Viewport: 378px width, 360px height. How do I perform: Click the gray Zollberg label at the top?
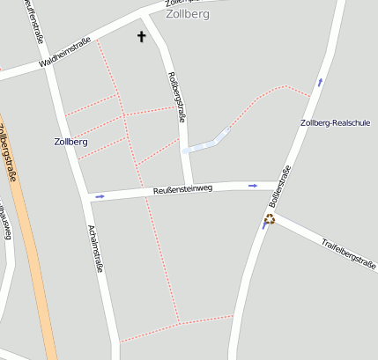pyautogui.click(x=187, y=14)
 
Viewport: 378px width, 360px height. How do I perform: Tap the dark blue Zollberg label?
pyautogui.click(x=70, y=142)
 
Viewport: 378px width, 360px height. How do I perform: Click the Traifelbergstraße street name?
pyautogui.click(x=347, y=253)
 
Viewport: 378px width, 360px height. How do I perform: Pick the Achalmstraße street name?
pyautogui.click(x=96, y=248)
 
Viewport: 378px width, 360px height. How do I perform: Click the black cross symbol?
pyautogui.click(x=141, y=36)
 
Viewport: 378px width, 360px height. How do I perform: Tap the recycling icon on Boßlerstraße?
pyautogui.click(x=270, y=218)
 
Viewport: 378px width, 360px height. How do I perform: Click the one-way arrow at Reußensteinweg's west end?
pyautogui.click(x=100, y=196)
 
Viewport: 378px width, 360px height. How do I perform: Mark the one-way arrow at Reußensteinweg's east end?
pyautogui.click(x=253, y=186)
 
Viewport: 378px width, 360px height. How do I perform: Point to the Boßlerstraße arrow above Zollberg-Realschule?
pyautogui.click(x=320, y=82)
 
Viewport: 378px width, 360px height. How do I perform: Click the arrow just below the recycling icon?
pyautogui.click(x=264, y=225)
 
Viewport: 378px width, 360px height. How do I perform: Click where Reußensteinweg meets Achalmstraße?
pyautogui.click(x=92, y=197)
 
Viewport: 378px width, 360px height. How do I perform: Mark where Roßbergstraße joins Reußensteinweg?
pyautogui.click(x=188, y=187)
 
